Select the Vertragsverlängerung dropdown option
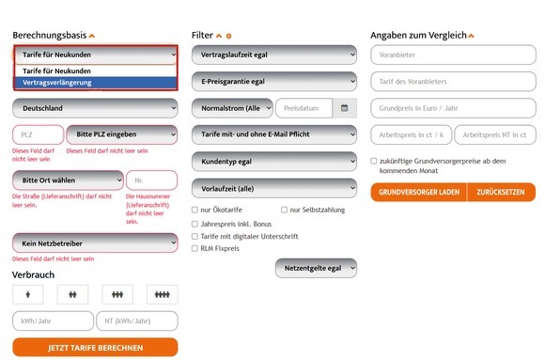96,83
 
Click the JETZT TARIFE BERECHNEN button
95,348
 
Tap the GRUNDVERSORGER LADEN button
419,192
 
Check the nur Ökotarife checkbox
195,210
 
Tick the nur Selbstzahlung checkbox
284,210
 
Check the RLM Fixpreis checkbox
195,248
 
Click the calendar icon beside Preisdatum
345,108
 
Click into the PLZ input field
39,134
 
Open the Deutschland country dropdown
95,108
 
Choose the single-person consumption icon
28,294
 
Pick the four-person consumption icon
163,294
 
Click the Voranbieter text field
453,55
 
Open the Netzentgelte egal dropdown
316,268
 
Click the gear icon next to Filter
228,36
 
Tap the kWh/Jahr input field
53,321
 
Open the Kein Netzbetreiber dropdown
95,243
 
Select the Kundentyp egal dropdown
274,162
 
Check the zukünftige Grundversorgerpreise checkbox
374,161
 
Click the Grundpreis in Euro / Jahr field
453,108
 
